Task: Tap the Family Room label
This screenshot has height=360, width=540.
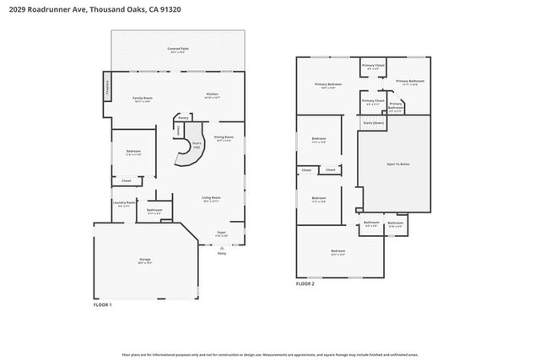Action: point(142,99)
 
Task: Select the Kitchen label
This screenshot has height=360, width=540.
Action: point(212,94)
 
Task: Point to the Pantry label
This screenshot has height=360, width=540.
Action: point(183,119)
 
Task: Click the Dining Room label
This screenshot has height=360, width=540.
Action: point(224,137)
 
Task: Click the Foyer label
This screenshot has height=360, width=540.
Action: point(221,233)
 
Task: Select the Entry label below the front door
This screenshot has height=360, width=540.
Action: point(222,253)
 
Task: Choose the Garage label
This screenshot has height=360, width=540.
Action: point(144,261)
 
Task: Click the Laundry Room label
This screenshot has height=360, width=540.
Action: point(125,203)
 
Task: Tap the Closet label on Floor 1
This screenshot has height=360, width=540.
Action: point(126,180)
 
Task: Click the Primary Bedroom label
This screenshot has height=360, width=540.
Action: point(328,83)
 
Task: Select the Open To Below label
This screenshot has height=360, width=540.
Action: point(397,164)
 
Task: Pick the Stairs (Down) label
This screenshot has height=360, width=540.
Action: point(373,122)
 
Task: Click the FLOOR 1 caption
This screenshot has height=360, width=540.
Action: point(102,304)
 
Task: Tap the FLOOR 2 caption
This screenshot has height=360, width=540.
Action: point(305,284)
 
